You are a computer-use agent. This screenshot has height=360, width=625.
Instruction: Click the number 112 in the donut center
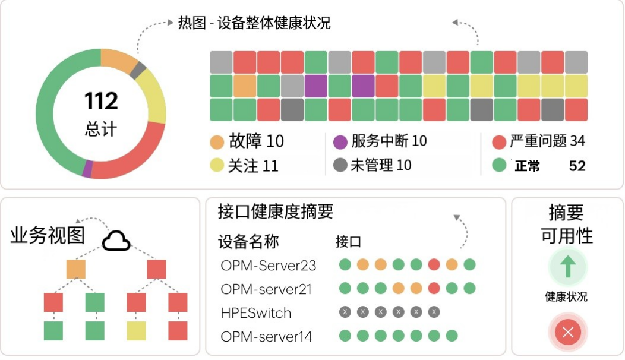101,101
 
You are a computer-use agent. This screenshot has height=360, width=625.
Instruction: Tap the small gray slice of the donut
138,71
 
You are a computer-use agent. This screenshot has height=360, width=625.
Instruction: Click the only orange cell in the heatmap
244,86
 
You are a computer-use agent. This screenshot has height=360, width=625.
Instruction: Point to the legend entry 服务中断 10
380,141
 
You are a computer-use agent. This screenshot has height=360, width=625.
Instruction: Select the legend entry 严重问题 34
539,141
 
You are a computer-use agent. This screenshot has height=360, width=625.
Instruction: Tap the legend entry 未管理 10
373,165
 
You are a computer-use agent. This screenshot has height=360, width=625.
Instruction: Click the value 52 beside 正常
577,166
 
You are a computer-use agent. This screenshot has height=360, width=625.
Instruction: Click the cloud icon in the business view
116,241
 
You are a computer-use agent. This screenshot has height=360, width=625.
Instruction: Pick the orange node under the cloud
76,269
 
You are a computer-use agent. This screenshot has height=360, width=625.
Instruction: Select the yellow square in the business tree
136,331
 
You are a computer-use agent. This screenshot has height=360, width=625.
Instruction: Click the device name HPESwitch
256,312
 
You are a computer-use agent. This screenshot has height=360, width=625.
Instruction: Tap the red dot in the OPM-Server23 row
434,264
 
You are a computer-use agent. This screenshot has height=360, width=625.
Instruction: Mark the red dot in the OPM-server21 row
434,289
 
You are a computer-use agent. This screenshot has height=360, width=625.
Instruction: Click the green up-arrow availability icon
567,267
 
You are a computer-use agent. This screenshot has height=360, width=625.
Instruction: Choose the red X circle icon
567,332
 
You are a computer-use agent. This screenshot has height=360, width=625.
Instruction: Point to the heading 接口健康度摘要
276,211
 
